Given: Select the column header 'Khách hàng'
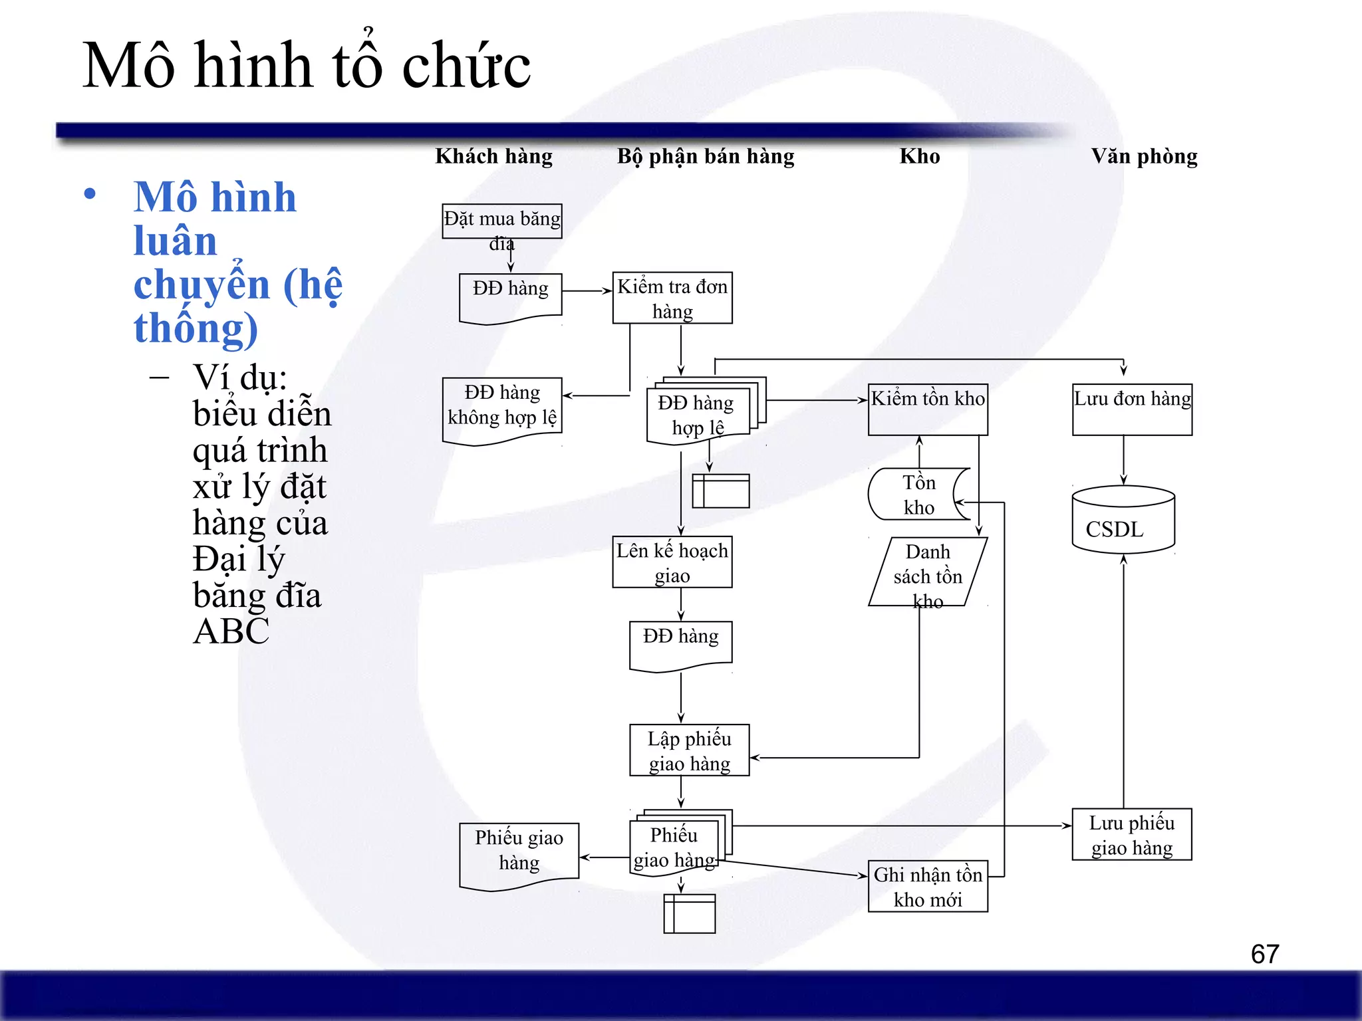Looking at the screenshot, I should click(493, 156).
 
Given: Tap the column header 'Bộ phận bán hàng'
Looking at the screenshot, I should click(705, 156).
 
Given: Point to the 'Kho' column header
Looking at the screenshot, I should click(920, 156).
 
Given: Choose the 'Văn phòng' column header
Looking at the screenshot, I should click(1144, 156).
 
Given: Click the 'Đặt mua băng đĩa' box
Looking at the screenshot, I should click(502, 221).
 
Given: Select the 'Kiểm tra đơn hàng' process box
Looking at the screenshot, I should click(672, 298).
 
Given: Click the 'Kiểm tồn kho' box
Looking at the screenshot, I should click(928, 409).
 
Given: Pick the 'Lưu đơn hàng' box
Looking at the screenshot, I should click(1132, 409).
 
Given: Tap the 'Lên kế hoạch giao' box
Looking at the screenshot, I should click(672, 562).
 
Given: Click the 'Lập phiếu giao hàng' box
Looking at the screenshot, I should click(689, 750).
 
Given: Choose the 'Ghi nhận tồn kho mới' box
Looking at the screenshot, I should click(928, 887).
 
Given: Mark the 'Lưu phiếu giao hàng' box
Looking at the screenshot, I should click(1131, 835).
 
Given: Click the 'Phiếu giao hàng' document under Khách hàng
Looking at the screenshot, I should click(519, 853).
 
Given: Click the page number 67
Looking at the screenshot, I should click(1264, 955).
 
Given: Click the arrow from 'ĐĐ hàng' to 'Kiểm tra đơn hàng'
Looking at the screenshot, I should click(587, 291).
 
